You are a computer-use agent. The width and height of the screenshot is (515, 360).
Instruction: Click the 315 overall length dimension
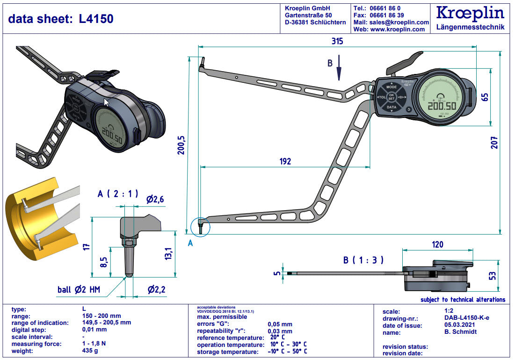click(x=337, y=41)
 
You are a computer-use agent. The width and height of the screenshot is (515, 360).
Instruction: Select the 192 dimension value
click(x=285, y=162)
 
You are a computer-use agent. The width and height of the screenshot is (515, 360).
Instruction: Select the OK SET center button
click(x=392, y=97)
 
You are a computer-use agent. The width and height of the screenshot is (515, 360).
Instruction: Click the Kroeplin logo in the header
click(x=470, y=14)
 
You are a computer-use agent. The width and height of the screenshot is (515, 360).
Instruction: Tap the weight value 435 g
click(x=89, y=351)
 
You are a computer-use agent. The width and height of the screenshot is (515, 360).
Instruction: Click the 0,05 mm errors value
click(x=280, y=324)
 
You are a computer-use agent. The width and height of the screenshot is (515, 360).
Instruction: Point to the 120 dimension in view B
click(x=437, y=244)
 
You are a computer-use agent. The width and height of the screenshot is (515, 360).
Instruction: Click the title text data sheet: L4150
click(x=61, y=19)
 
